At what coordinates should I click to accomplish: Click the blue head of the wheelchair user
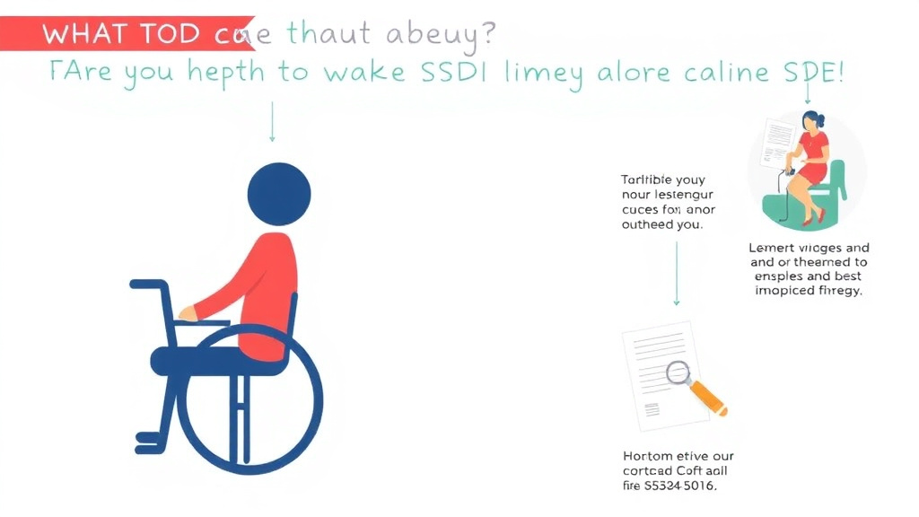[x=281, y=193]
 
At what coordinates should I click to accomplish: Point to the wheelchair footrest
[x=148, y=438]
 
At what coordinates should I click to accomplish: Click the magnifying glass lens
[x=678, y=371]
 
